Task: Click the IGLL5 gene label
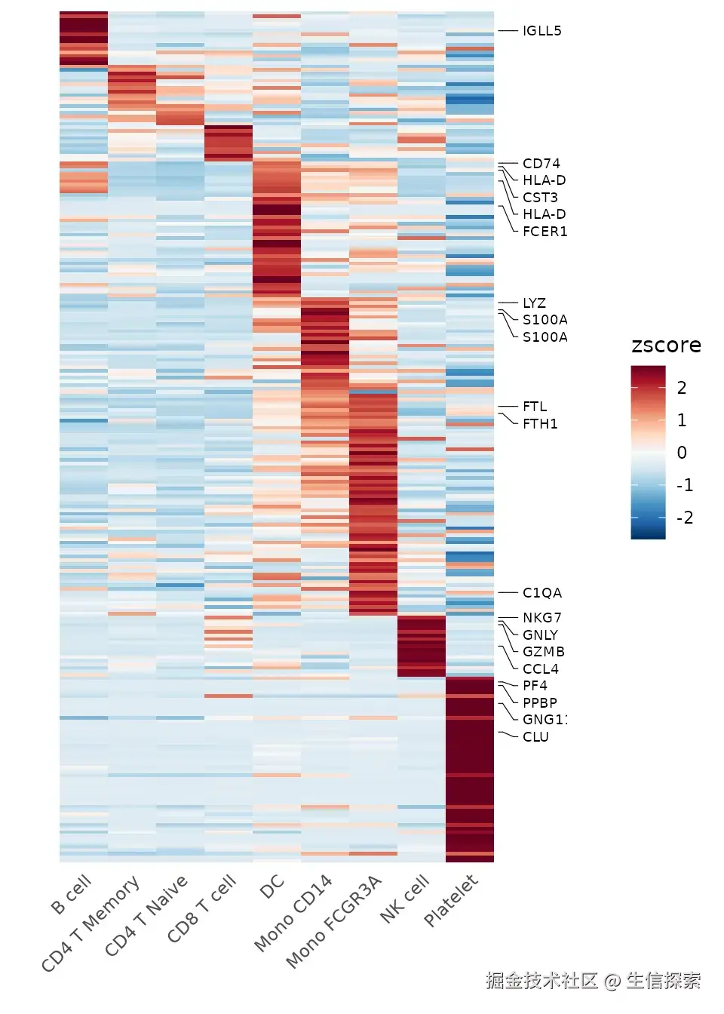(x=541, y=31)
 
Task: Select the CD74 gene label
(x=541, y=164)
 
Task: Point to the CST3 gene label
(x=540, y=198)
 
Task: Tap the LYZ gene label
(x=534, y=303)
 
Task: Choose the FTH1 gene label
(x=540, y=424)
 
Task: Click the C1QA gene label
(x=541, y=593)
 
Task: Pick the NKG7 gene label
(x=541, y=618)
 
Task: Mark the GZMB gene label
(x=543, y=652)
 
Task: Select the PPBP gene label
(x=539, y=702)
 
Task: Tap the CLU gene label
(x=535, y=737)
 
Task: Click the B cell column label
(x=72, y=895)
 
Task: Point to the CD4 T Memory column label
(x=90, y=924)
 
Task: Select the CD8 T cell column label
(x=202, y=909)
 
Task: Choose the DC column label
(x=271, y=887)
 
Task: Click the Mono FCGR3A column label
(x=334, y=923)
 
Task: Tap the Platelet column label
(x=451, y=901)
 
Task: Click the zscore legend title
(x=666, y=346)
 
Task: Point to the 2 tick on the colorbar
(x=682, y=388)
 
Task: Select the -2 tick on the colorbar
(x=684, y=518)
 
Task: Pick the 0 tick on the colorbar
(x=682, y=453)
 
